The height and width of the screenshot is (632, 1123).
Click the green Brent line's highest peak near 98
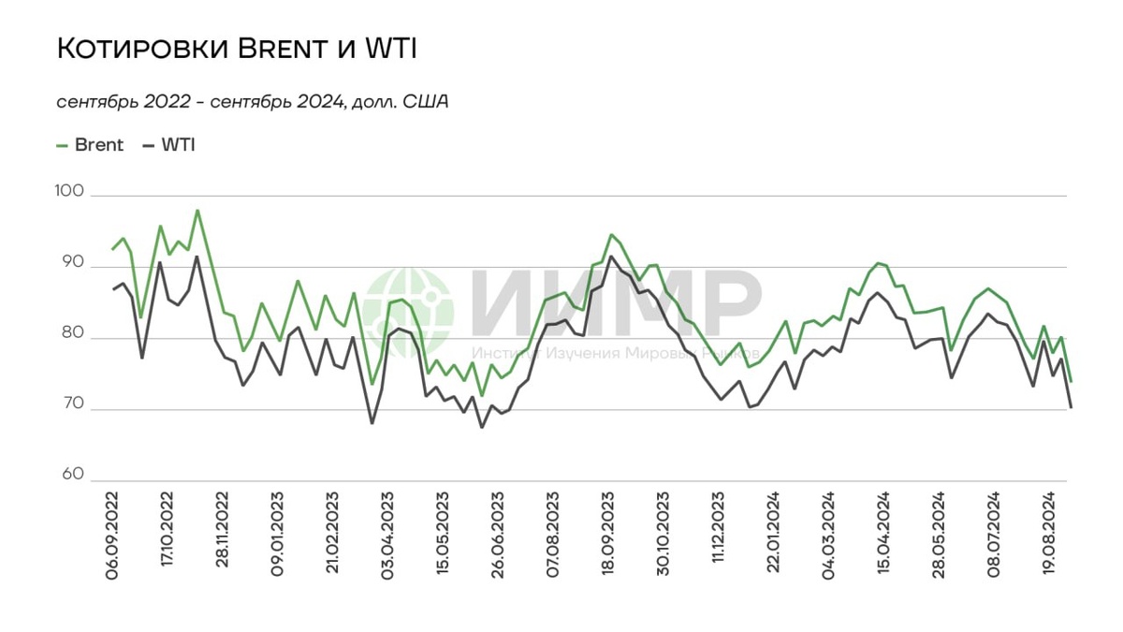tap(197, 211)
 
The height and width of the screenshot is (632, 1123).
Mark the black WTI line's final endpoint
tap(1070, 406)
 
